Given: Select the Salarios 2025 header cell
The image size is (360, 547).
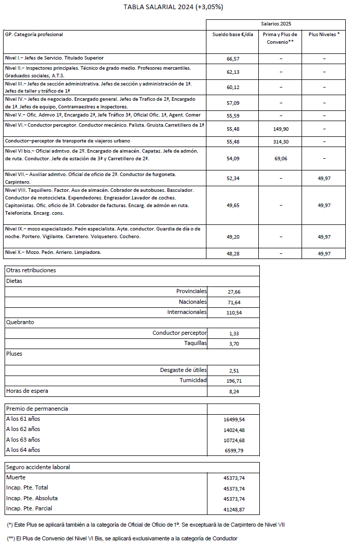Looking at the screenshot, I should pyautogui.click(x=276, y=24).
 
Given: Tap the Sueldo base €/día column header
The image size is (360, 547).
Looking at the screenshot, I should pyautogui.click(x=233, y=35).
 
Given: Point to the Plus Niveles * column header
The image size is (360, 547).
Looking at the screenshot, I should pyautogui.click(x=324, y=35).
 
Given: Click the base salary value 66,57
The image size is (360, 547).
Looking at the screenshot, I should pyautogui.click(x=233, y=59).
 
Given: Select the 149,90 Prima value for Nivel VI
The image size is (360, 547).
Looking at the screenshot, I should pyautogui.click(x=281, y=129).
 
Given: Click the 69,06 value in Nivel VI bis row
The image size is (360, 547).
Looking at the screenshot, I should pyautogui.click(x=281, y=159).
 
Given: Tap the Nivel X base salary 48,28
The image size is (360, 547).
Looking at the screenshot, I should pyautogui.click(x=233, y=253).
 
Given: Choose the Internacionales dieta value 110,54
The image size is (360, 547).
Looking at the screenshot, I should pyautogui.click(x=234, y=312).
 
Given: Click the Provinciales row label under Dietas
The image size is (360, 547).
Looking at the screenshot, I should pyautogui.click(x=191, y=291).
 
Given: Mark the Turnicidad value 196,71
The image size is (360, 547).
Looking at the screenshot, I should pyautogui.click(x=234, y=381).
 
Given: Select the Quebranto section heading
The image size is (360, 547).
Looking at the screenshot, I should pyautogui.click(x=20, y=322).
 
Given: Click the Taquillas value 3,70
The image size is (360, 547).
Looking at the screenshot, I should pyautogui.click(x=234, y=344).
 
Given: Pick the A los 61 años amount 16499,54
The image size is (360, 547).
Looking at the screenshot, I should pyautogui.click(x=234, y=420).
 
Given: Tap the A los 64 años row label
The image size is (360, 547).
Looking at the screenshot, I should pyautogui.click(x=22, y=450).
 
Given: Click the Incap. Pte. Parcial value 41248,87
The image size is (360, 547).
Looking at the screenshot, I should pyautogui.click(x=234, y=509).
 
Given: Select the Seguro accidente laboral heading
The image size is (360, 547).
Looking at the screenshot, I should pyautogui.click(x=38, y=467).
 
